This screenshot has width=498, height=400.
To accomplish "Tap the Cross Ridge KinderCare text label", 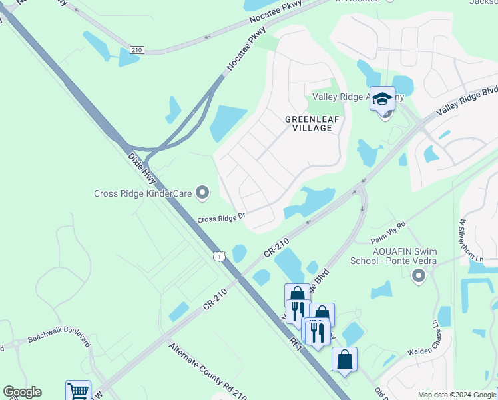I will pos(142,194).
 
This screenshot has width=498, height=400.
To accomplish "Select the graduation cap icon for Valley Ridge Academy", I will pos(383,99).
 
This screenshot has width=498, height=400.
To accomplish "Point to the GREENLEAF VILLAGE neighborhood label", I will pos(312,123).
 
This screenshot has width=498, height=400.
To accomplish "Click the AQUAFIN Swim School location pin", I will pos(418,275).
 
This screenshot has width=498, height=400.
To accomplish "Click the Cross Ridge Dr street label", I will pos(222,218).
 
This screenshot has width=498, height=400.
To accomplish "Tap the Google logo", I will pos(22,392).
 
